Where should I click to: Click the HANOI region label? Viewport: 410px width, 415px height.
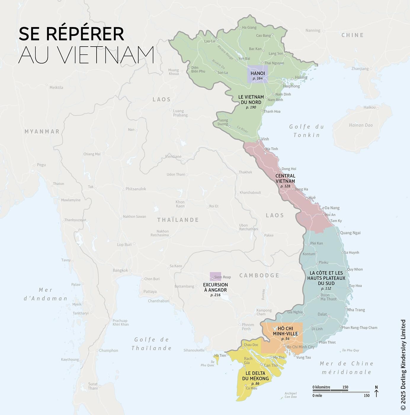(257, 73)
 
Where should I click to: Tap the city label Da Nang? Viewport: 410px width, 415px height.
(332, 208)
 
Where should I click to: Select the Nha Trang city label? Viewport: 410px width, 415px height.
(356, 310)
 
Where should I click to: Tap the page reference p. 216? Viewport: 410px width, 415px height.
(215, 295)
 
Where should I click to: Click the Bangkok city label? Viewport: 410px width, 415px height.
(120, 270)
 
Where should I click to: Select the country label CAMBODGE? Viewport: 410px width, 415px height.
(259, 275)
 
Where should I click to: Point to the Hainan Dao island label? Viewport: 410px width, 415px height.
(361, 125)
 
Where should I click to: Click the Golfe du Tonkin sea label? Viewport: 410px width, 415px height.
(307, 131)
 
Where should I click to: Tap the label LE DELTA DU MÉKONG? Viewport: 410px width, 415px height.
(255, 376)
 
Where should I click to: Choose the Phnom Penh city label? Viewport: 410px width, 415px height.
(248, 327)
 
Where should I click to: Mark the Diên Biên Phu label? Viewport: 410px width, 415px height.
(198, 69)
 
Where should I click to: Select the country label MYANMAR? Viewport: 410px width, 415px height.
(42, 131)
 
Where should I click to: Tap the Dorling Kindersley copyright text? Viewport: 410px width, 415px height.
(403, 365)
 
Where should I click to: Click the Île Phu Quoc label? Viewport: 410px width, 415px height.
(207, 363)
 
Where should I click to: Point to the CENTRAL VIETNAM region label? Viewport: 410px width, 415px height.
(285, 178)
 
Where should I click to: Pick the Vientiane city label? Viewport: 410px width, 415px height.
(173, 157)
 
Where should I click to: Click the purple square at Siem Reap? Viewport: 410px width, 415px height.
(215, 276)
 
